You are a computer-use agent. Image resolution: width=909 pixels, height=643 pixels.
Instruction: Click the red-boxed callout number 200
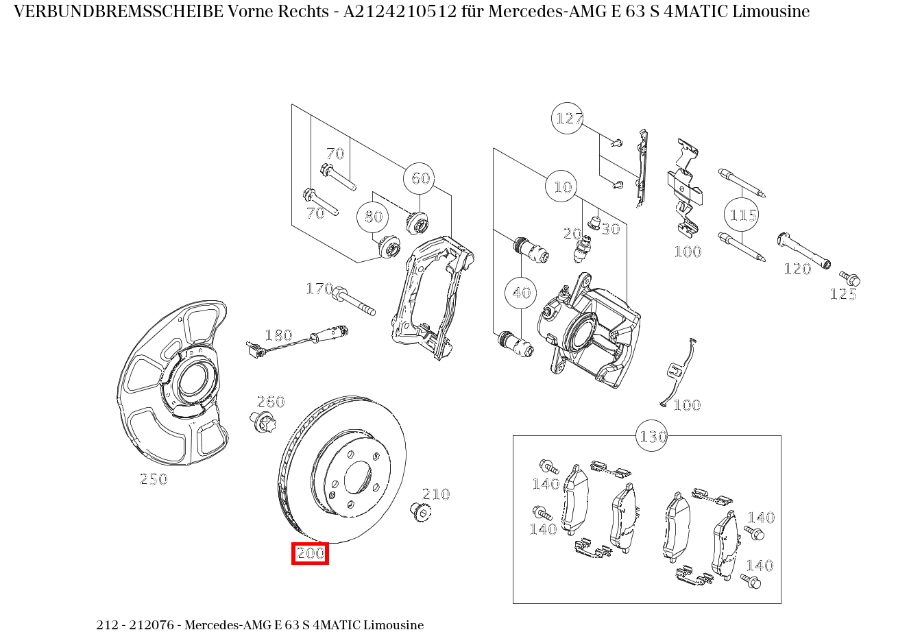click(311, 553)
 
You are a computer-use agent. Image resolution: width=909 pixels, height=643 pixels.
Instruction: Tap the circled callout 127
click(568, 119)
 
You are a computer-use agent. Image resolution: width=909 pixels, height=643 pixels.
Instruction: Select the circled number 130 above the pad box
click(653, 436)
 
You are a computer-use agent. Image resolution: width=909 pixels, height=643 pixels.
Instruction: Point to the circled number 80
click(373, 217)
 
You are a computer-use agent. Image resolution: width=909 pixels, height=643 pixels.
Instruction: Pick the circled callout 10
click(562, 186)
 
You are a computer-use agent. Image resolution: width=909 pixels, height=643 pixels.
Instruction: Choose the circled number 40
click(521, 293)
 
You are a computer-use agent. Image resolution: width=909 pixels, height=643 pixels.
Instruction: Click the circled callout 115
click(742, 215)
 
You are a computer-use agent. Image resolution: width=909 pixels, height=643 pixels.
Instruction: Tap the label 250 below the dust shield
click(154, 479)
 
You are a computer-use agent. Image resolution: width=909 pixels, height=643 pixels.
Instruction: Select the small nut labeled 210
click(419, 511)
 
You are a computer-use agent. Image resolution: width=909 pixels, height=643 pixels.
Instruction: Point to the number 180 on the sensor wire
click(278, 335)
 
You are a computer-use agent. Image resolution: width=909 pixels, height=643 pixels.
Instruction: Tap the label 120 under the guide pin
click(797, 269)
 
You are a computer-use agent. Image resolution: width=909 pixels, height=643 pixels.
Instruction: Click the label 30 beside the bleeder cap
click(610, 229)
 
